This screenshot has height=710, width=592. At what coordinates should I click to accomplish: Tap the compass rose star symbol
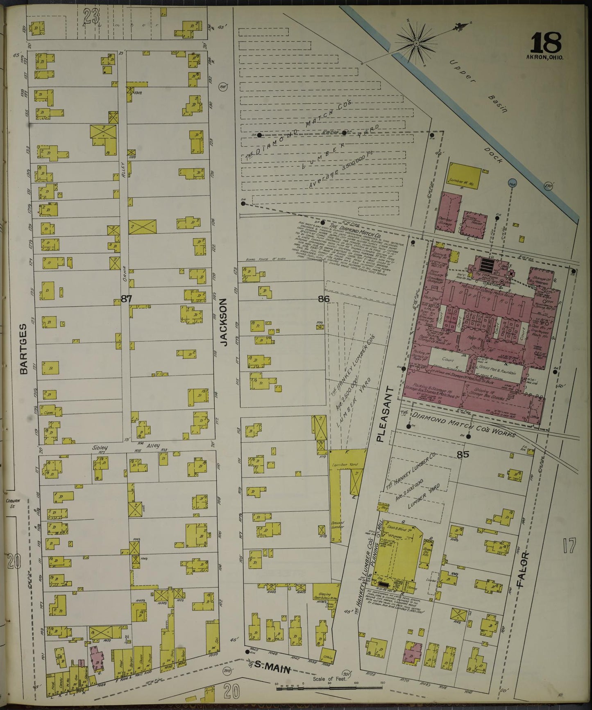pyautogui.click(x=416, y=42)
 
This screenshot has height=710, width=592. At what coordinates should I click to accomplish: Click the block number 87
pyautogui.click(x=126, y=299)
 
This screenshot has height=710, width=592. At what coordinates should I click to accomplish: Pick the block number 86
pyautogui.click(x=324, y=299)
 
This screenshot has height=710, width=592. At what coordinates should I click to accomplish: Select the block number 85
pyautogui.click(x=463, y=454)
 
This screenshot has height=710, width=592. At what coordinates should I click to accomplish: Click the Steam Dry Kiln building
pyautogui.click(x=426, y=551)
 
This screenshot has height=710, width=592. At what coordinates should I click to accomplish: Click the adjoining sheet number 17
pyautogui.click(x=569, y=546)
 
